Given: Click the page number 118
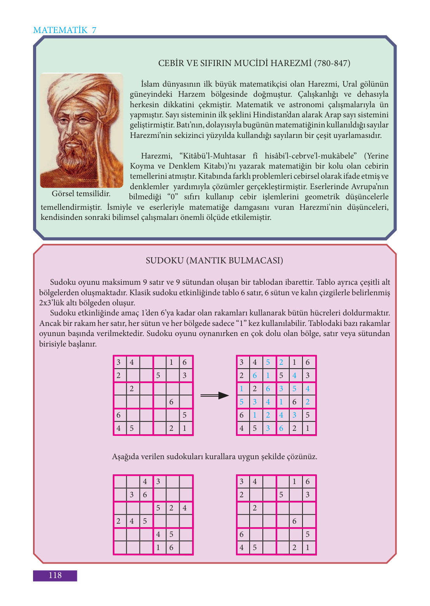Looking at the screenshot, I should pos(55,575).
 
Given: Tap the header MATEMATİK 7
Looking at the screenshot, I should pos(65,30).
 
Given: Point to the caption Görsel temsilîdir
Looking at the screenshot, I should pos(81,193).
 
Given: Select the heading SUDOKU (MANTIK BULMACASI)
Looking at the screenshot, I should pos(214,260).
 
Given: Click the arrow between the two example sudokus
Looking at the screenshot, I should pos(215,395).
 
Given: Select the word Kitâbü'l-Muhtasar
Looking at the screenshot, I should pos(212,156).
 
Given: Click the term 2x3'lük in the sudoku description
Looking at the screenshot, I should pos(53,303).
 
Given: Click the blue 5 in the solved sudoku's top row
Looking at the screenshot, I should pos(268,362).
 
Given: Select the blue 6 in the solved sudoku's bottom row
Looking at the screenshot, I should pos(281,428).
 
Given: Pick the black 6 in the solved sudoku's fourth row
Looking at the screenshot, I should pos(294,402).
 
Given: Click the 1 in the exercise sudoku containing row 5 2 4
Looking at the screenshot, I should pos(158,548).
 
